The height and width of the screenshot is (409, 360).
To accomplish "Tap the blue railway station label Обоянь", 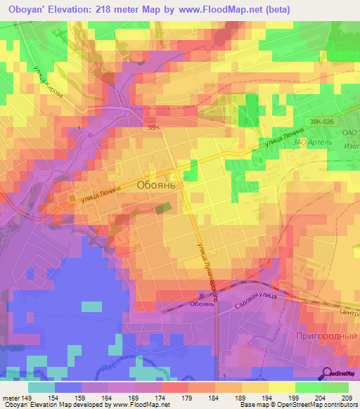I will [x=202, y=304].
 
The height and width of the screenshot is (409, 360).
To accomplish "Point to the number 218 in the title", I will [x=110, y=11].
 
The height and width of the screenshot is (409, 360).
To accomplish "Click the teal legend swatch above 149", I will [x=41, y=387].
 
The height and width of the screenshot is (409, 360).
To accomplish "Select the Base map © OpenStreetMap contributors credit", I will [x=296, y=405].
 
